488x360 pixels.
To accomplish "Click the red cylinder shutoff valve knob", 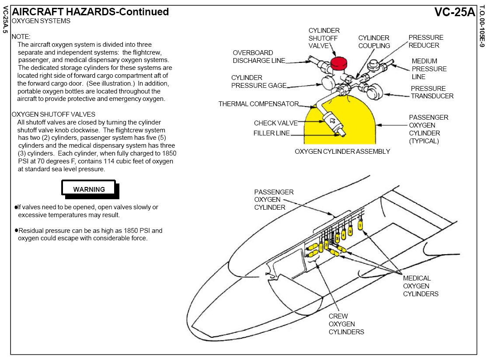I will (x=338, y=63).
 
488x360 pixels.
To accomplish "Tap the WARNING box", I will (x=89, y=189).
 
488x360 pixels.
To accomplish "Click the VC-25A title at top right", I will (x=454, y=12).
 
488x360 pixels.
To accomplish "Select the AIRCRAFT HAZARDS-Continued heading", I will (x=90, y=12).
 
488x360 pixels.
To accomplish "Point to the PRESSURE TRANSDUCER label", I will (x=432, y=92).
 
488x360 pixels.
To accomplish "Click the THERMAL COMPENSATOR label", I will (x=258, y=104).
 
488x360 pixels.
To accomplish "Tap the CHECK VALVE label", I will (x=275, y=123).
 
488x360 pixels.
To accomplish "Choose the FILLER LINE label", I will (x=272, y=133).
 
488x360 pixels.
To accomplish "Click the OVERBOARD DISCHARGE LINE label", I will (x=259, y=57).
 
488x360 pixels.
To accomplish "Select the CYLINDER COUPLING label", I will (x=374, y=42).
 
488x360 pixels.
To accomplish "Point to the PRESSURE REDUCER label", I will (x=426, y=42).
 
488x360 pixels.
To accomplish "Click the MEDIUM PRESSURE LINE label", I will (x=429, y=69).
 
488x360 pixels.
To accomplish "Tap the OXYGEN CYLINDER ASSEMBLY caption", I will (x=342, y=152).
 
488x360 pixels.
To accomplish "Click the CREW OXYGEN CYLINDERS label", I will (x=346, y=324).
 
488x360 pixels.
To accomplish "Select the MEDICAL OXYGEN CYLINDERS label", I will (x=421, y=286).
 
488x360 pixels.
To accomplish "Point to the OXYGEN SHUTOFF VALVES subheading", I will (x=53, y=114).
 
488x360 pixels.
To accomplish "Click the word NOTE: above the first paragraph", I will (x=21, y=37).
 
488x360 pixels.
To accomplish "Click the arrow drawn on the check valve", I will (x=332, y=120).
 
